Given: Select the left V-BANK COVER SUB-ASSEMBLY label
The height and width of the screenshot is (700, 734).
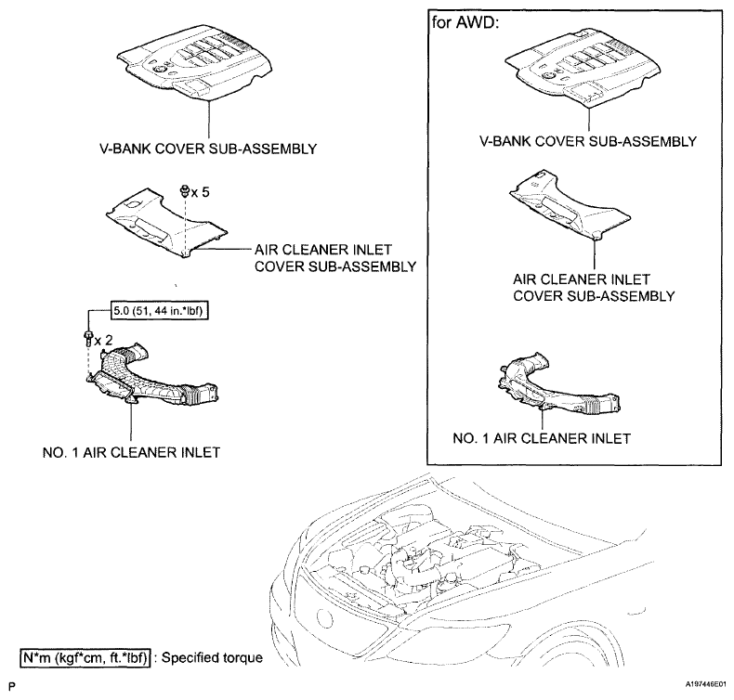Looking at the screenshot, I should pos(209,148).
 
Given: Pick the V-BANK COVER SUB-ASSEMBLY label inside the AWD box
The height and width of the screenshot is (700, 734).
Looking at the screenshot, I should pos(588,141).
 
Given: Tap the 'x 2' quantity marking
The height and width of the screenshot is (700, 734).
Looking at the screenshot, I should pos(104,341).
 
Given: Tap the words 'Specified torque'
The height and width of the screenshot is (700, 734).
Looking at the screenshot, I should pos(211,658).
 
